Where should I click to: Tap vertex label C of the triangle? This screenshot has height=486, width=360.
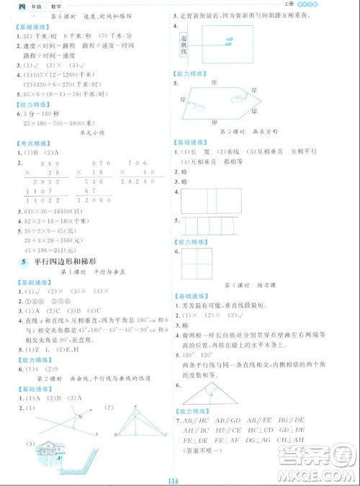tap(166, 436)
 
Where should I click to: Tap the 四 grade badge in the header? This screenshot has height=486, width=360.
tap(7, 6)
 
